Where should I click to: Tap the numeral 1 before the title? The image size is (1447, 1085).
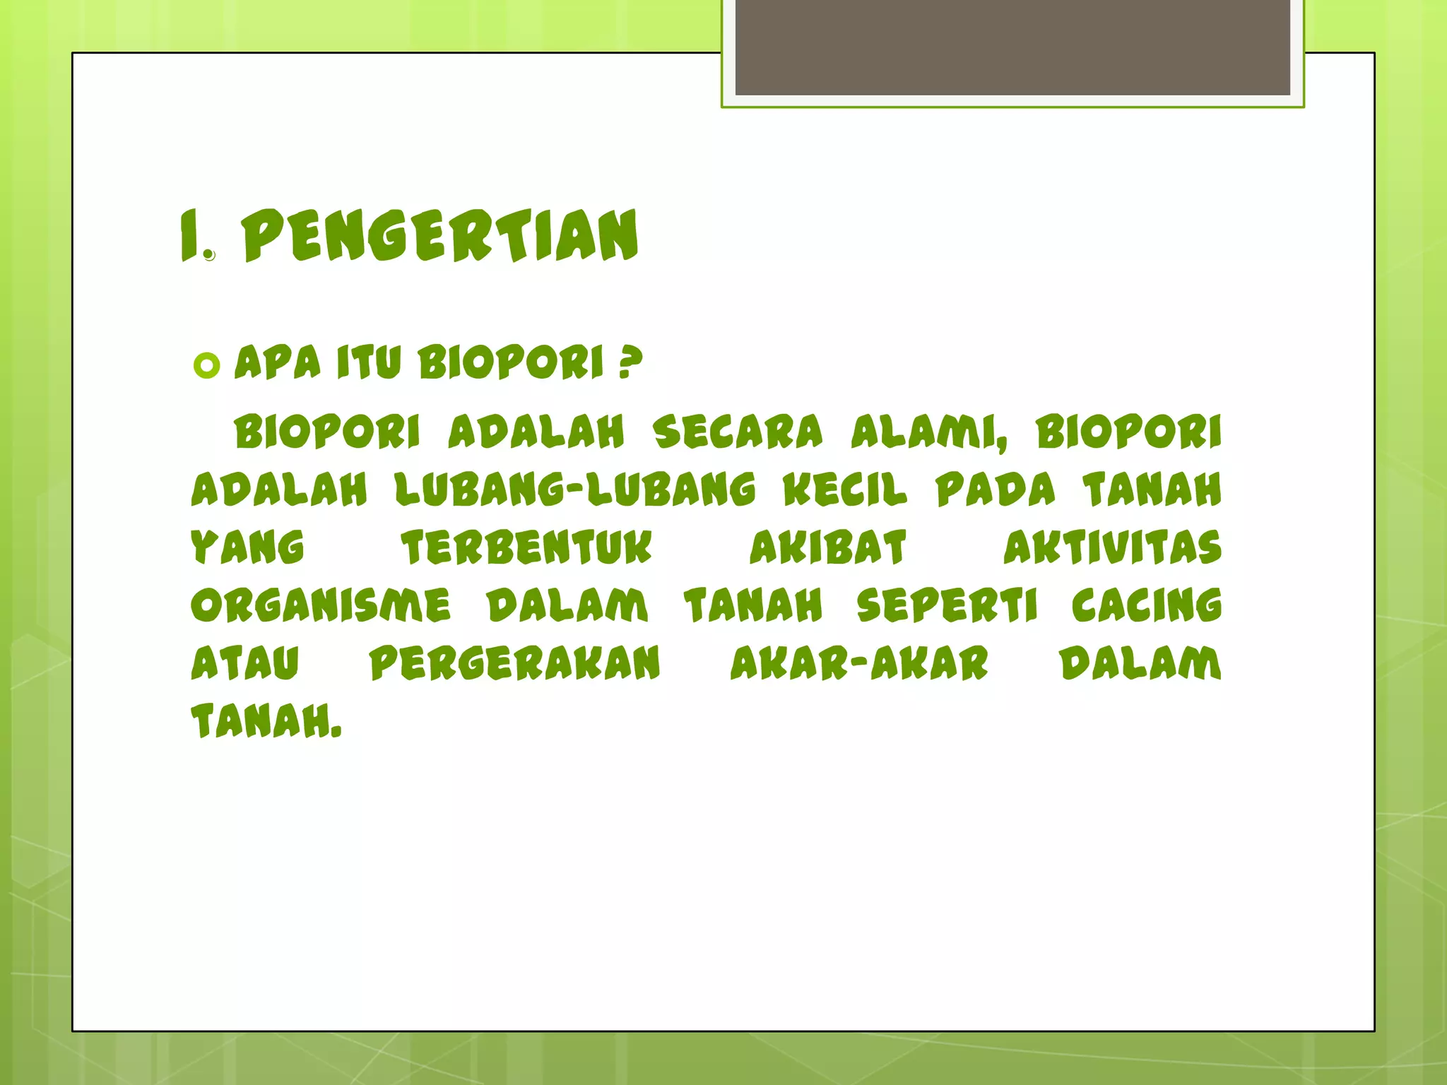[189, 236]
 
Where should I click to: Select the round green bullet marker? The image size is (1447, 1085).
[206, 366]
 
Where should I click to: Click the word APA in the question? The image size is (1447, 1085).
[278, 362]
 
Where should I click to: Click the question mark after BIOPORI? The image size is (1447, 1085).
[630, 362]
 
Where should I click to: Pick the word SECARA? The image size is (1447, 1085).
[738, 432]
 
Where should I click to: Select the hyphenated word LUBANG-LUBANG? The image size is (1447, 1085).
[575, 490]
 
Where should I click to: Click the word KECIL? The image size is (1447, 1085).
[845, 490]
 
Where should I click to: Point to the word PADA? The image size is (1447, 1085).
[996, 490]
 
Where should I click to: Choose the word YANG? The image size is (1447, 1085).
[247, 547]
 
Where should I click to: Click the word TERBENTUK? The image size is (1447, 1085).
[527, 547]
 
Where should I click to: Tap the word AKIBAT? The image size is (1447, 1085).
[828, 547]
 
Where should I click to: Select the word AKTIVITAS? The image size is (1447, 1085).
[1113, 547]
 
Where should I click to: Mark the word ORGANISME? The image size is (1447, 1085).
[321, 605]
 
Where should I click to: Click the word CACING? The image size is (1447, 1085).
[1147, 605]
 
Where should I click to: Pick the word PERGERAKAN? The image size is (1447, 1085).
[515, 663]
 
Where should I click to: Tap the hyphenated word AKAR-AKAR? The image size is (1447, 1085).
[859, 663]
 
